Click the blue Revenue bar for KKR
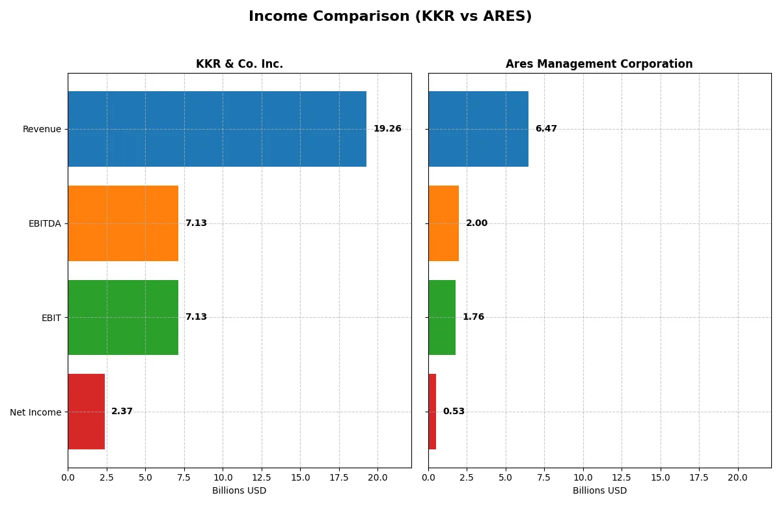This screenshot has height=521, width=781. (217, 129)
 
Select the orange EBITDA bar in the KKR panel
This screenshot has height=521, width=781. (123, 223)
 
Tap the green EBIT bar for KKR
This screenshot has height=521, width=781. (123, 317)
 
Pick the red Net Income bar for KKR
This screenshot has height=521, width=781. (86, 412)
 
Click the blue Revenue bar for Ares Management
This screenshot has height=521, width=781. (478, 129)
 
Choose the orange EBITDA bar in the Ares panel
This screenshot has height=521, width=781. (444, 223)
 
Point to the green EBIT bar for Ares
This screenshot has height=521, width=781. (442, 317)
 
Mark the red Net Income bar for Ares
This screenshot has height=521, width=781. (432, 412)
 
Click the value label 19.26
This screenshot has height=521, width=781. (387, 129)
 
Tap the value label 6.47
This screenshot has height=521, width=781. (546, 129)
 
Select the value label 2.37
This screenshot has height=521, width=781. (122, 412)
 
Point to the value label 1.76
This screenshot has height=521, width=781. (473, 317)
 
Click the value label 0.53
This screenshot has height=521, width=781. (454, 412)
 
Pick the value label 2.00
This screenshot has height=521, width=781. (476, 223)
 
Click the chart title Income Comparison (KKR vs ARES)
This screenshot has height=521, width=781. (390, 17)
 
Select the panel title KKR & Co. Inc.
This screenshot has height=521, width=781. (240, 64)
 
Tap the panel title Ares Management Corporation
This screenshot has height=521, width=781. (599, 64)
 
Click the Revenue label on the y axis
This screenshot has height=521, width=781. (42, 129)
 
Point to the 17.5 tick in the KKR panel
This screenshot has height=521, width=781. (338, 477)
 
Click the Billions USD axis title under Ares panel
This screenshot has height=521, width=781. (599, 491)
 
